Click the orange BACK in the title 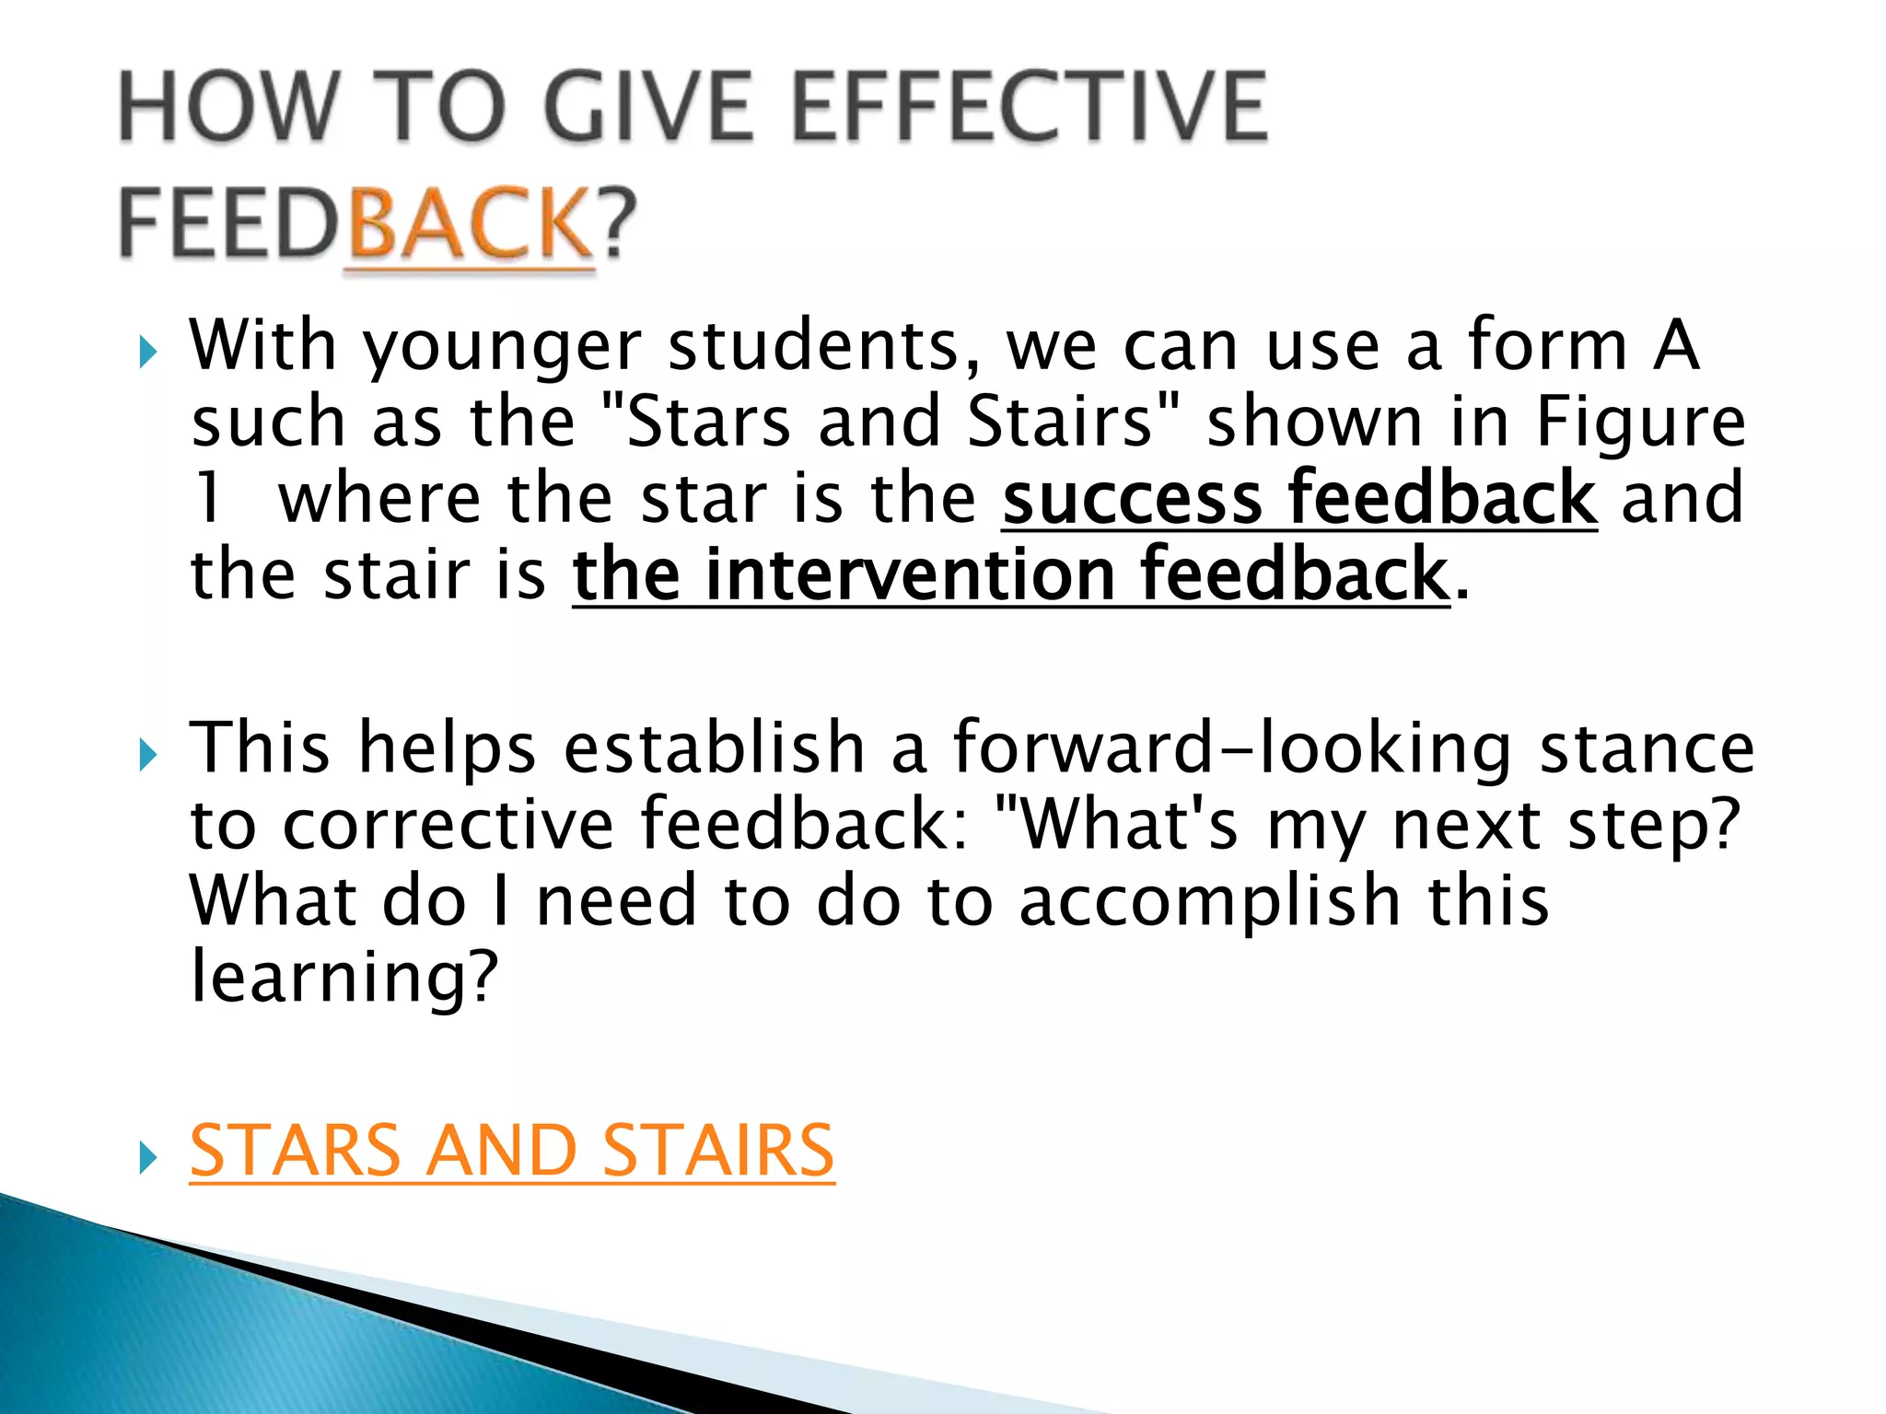click(471, 223)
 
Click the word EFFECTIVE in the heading click(1029, 109)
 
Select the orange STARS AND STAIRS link click(512, 1151)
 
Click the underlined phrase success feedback click(1299, 498)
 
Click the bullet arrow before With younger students click(147, 352)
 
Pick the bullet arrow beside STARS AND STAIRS click(147, 1156)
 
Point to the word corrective click(448, 824)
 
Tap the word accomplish click(1210, 900)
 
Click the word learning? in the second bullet click(343, 978)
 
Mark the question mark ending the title click(619, 223)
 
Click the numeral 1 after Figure click(209, 498)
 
